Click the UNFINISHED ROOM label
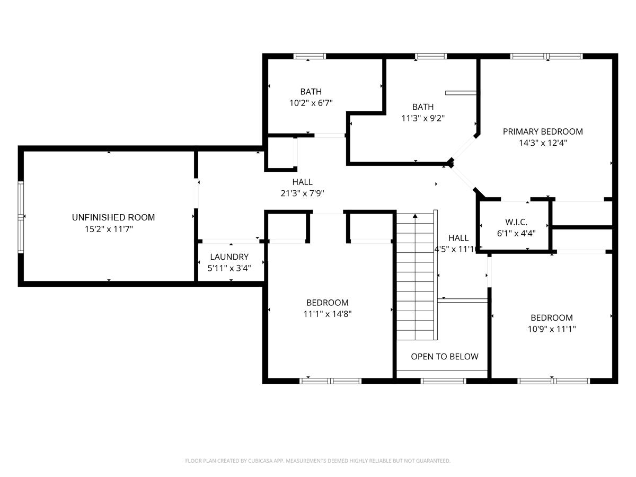coord(113,217)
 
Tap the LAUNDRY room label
coord(229,257)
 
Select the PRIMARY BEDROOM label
coord(543,131)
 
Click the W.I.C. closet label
coord(516,222)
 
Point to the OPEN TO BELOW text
coord(445,357)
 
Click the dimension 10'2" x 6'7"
coord(311,103)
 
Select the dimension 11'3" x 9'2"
coord(423,118)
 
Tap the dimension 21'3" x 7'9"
coord(302,193)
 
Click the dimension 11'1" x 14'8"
coord(328,314)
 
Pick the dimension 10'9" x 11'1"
coord(552,329)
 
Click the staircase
coord(416,276)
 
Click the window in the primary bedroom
coord(546,56)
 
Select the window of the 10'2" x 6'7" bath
coord(310,56)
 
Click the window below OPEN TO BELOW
coord(443,381)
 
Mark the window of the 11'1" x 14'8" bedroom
coord(330,381)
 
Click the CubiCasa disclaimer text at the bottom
coord(317,461)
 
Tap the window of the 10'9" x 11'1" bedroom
coord(553,381)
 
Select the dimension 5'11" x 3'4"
coord(229,268)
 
